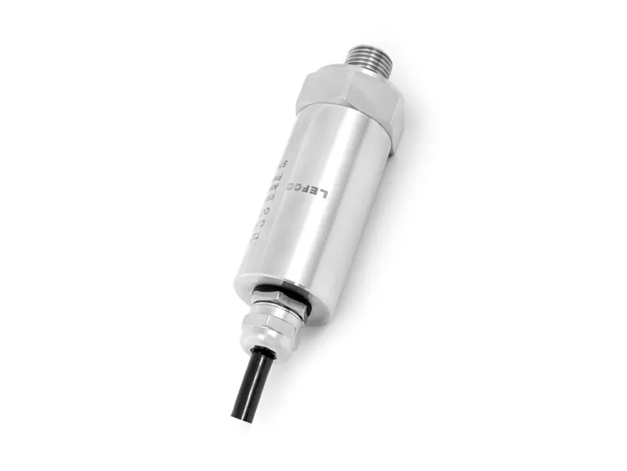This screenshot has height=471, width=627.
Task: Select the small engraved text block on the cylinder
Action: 270,200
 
